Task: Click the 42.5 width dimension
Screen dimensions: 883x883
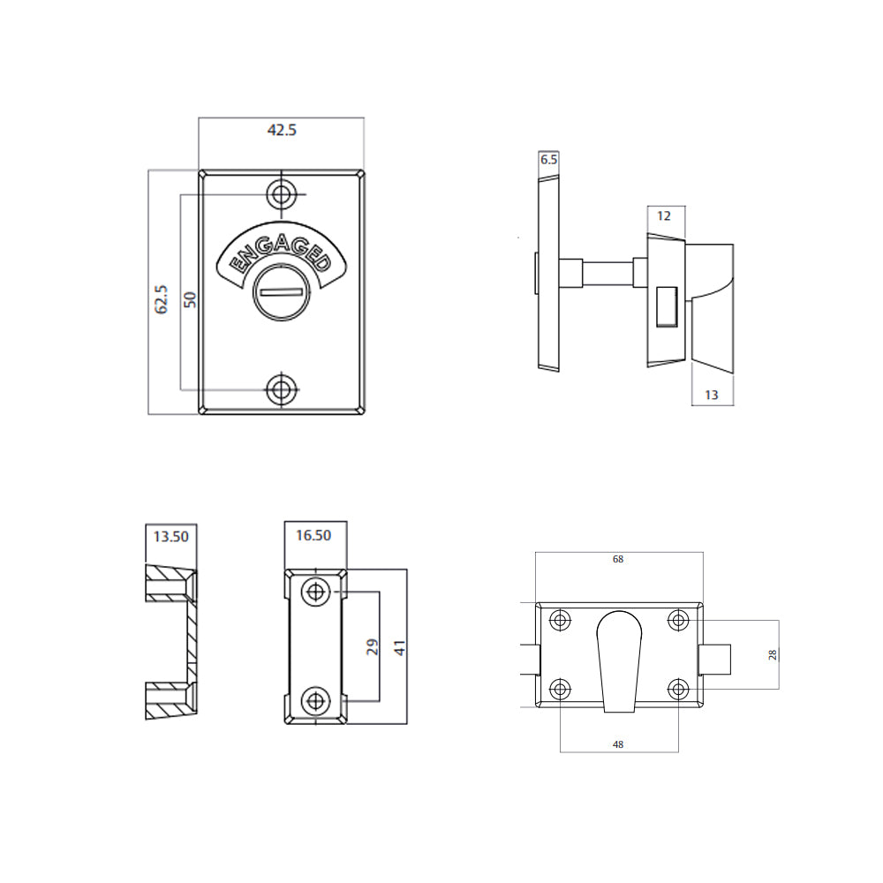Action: tap(282, 130)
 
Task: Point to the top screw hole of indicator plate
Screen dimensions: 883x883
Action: tap(282, 193)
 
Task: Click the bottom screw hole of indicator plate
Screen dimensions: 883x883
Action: tap(282, 388)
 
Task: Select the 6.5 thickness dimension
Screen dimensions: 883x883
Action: tap(548, 160)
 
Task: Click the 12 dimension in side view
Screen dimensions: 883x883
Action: tap(665, 215)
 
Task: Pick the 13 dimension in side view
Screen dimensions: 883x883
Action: tap(712, 395)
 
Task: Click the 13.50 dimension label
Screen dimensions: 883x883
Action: tap(170, 535)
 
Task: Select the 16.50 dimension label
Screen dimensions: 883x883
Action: tap(313, 535)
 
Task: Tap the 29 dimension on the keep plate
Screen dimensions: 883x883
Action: tap(371, 646)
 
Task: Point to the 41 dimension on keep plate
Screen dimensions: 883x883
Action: tap(399, 646)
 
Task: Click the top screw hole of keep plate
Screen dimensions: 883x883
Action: tap(314, 592)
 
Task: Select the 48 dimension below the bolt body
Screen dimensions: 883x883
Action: tap(618, 744)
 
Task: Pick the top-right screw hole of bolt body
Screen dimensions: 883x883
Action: tap(677, 621)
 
